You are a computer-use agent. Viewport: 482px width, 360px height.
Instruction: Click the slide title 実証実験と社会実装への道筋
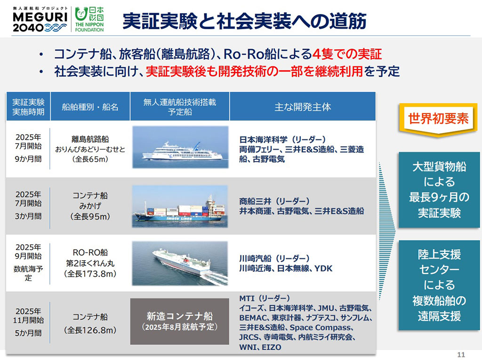[244, 21]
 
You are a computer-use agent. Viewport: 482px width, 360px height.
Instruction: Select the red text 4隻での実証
[347, 53]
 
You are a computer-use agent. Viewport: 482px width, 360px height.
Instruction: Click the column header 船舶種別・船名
[90, 107]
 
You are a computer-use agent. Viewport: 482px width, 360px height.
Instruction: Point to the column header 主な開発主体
[303, 107]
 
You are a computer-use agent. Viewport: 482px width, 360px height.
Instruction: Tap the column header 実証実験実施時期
[28, 107]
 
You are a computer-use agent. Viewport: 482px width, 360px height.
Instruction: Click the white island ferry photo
[180, 147]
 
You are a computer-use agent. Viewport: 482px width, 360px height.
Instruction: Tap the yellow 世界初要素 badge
[438, 119]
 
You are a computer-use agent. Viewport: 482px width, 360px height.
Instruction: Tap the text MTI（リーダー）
[265, 299]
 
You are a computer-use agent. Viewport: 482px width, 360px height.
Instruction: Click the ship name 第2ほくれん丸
[90, 264]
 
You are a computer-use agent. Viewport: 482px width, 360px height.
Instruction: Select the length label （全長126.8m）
[90, 330]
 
